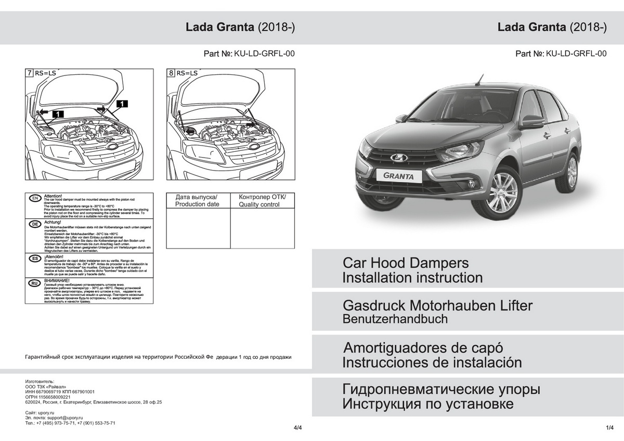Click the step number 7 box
pyautogui.click(x=30, y=73)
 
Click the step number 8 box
pyautogui.click(x=171, y=73)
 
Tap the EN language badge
pyautogui.click(x=34, y=199)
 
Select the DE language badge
pyautogui.click(x=34, y=224)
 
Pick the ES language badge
pyautogui.click(x=34, y=258)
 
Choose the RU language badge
pyautogui.click(x=34, y=283)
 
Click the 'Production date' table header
pyautogui.click(x=197, y=201)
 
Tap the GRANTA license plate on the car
pyautogui.click(x=399, y=176)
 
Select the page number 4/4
pyautogui.click(x=297, y=427)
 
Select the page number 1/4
pyautogui.click(x=609, y=427)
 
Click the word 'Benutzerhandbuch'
pyautogui.click(x=395, y=319)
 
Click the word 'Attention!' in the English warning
pyautogui.click(x=54, y=196)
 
